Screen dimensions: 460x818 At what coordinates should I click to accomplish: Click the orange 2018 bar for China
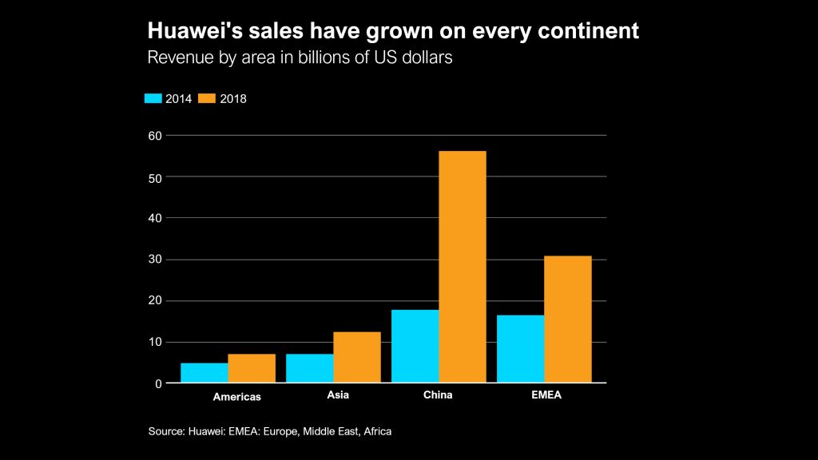(463, 267)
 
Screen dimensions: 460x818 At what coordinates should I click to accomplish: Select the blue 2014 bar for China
(415, 347)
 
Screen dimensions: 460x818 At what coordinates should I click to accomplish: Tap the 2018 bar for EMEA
(568, 319)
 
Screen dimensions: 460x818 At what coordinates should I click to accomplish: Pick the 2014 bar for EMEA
(521, 349)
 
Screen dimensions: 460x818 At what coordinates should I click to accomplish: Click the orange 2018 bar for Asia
(357, 357)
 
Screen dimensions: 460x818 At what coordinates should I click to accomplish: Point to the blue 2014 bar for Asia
(310, 368)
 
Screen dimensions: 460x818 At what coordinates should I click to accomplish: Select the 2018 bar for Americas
(252, 368)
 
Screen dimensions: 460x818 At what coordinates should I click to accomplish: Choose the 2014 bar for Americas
(204, 373)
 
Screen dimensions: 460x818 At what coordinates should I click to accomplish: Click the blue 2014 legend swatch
(153, 98)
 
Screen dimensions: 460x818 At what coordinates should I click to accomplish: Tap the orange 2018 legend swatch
(208, 98)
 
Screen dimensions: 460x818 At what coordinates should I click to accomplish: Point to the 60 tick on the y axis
(155, 136)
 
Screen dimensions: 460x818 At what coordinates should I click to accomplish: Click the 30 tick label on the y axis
(155, 260)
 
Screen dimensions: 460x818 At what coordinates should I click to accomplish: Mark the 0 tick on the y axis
(158, 384)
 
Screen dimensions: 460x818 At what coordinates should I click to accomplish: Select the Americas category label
(236, 396)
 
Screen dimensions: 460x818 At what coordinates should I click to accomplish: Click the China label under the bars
(438, 395)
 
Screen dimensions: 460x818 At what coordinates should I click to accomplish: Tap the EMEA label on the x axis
(545, 395)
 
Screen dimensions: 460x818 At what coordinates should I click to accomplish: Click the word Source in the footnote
(165, 431)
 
